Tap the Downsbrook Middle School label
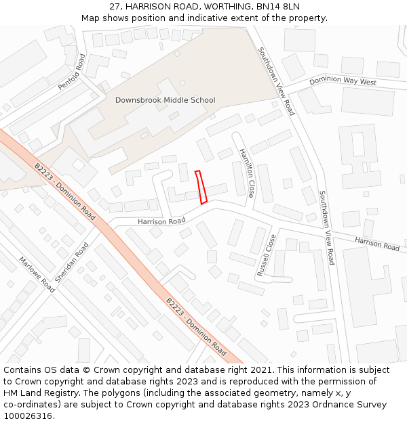point(165,100)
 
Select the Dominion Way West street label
point(343,82)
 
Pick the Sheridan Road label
point(71,263)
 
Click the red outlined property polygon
point(201,187)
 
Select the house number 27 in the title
point(115,7)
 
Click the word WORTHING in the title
point(225,7)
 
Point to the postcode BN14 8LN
point(277,7)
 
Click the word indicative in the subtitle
point(210,18)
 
